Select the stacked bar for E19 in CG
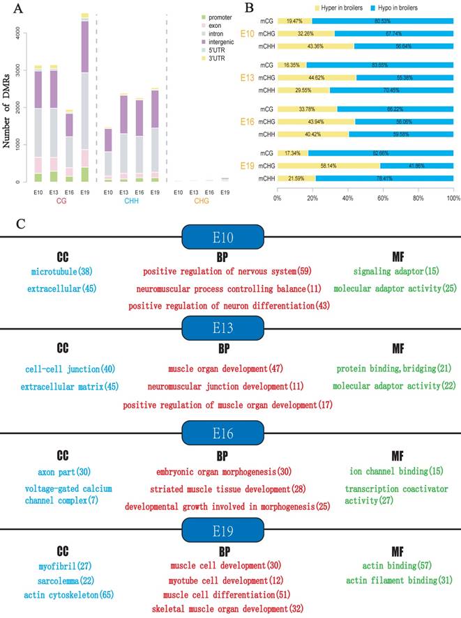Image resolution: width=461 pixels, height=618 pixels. coord(84,98)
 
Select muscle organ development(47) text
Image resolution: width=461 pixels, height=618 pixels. coord(222,369)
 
